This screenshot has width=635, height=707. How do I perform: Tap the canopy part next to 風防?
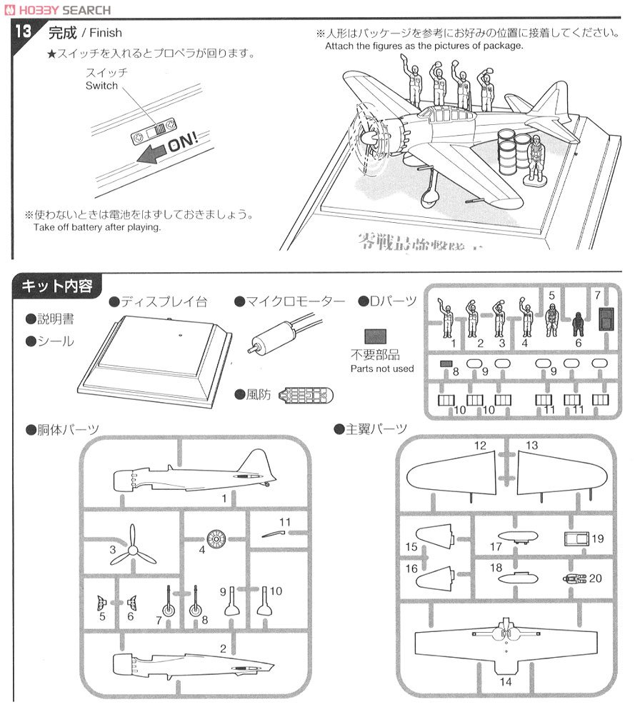coord(306,395)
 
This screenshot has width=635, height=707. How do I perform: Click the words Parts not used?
coord(382,368)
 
